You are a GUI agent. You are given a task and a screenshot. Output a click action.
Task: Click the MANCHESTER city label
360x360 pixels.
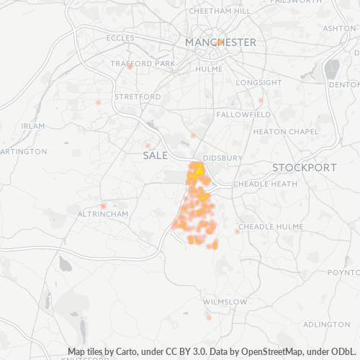(x=220, y=42)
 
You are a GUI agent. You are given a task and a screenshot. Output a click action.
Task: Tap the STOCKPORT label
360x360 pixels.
(x=305, y=167)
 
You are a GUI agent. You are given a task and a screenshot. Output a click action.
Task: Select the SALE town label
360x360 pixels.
(x=155, y=156)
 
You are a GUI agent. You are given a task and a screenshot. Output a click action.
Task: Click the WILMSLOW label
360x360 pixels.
(x=225, y=302)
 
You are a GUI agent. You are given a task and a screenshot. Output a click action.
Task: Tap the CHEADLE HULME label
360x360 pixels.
(x=267, y=226)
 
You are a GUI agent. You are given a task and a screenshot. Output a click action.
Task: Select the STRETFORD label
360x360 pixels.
(x=138, y=96)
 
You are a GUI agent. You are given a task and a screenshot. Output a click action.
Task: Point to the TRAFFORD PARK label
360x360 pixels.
(x=143, y=63)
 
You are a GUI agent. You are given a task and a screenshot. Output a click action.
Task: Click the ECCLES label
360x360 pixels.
(x=120, y=37)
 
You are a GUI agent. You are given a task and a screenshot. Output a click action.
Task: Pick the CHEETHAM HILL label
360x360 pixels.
(x=220, y=12)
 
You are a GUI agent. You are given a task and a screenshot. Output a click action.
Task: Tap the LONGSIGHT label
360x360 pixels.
(x=259, y=83)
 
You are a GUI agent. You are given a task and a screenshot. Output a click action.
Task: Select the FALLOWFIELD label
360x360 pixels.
(x=244, y=114)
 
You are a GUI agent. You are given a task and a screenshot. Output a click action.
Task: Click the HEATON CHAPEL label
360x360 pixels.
(x=286, y=132)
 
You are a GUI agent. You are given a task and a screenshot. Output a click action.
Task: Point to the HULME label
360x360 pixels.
(x=209, y=69)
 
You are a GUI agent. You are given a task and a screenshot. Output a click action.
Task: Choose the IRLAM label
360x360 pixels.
(x=33, y=125)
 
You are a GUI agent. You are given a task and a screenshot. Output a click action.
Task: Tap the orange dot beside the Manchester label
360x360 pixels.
(x=220, y=42)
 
